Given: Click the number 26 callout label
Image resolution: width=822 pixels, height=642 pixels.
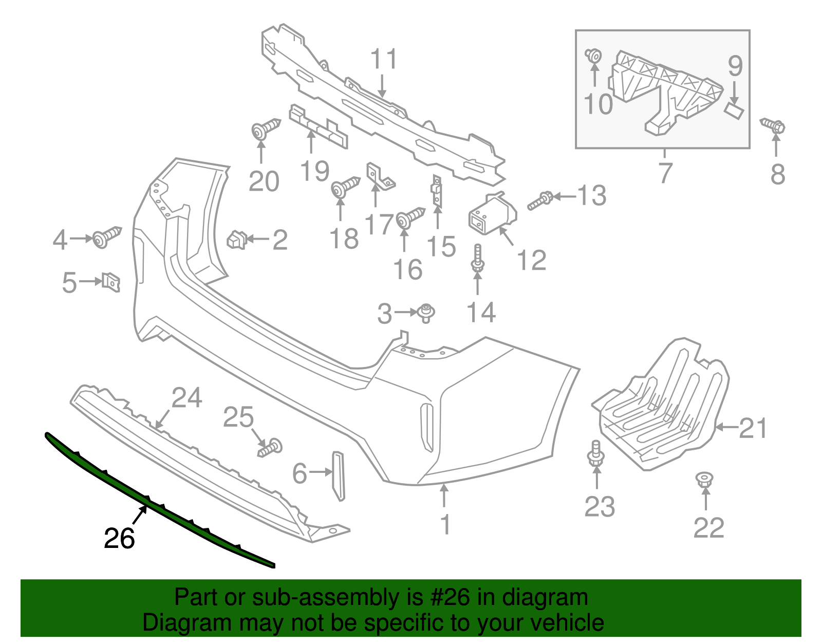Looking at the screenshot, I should click(x=119, y=539).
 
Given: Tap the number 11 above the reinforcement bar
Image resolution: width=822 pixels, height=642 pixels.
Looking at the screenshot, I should click(x=384, y=60).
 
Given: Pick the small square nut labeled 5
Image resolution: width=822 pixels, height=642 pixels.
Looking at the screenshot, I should click(x=111, y=282).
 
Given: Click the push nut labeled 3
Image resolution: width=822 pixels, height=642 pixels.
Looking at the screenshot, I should click(x=426, y=312).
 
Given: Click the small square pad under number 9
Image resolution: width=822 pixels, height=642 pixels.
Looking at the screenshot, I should click(x=734, y=110).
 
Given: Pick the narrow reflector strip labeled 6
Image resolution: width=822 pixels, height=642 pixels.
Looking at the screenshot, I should click(x=339, y=475).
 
